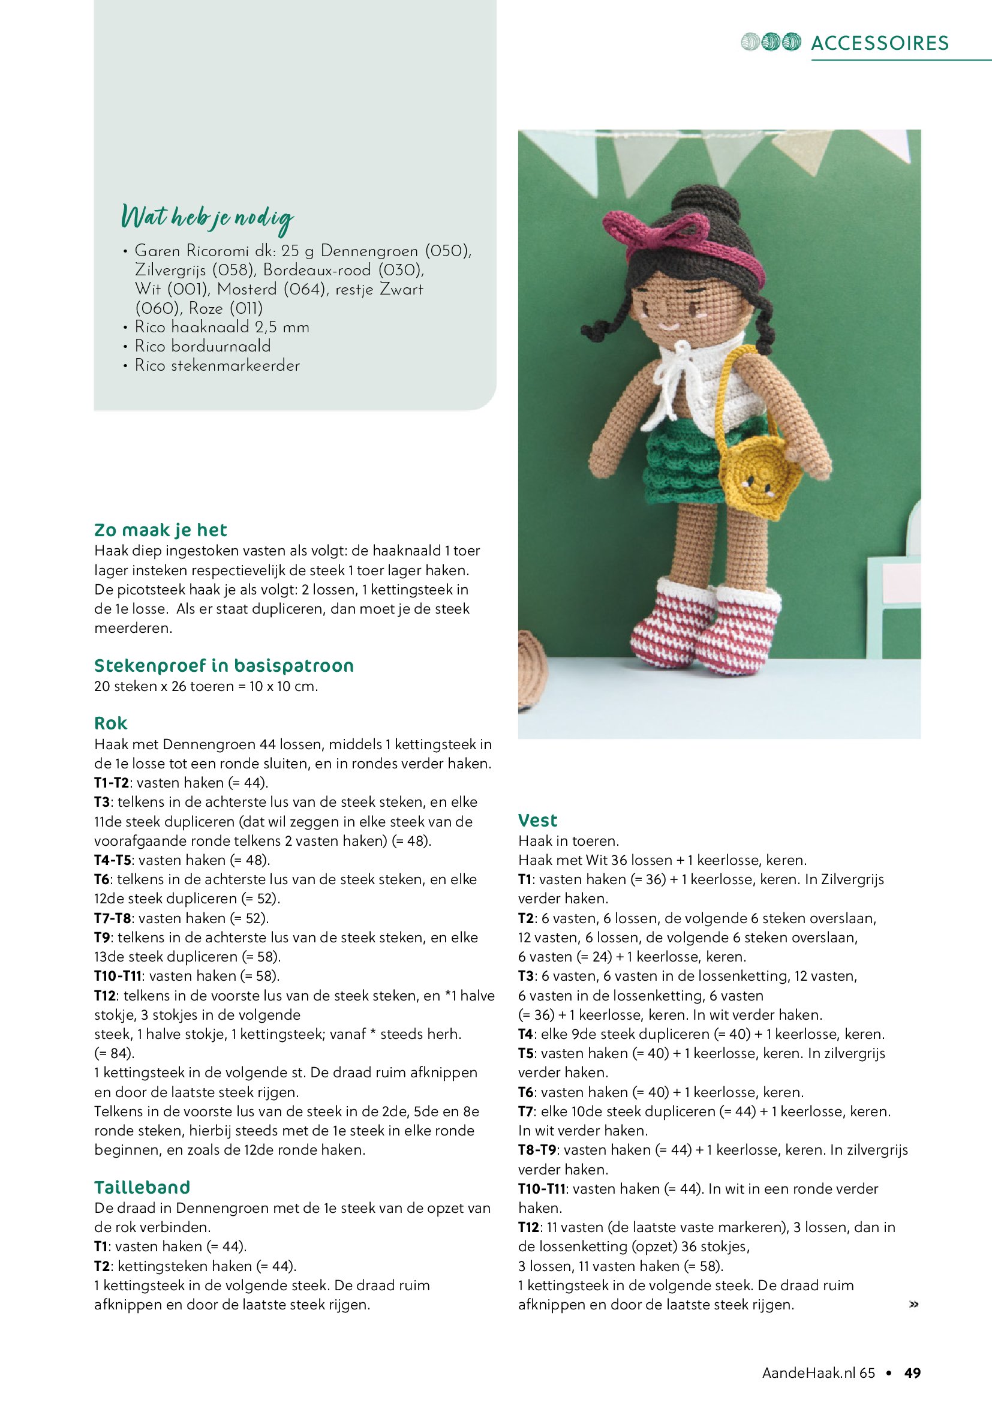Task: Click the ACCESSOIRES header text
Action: (880, 43)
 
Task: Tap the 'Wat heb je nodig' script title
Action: (208, 218)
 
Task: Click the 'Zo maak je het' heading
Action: (161, 530)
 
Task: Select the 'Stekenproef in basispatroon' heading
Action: (224, 665)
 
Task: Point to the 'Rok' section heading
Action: (110, 723)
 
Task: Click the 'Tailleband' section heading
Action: (142, 1187)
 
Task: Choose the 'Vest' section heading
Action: (537, 820)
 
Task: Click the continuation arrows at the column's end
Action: (914, 1305)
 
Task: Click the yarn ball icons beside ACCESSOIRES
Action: (770, 42)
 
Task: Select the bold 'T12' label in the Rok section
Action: (104, 996)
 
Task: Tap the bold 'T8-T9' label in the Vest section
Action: (537, 1150)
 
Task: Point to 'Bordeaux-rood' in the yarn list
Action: (317, 270)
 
